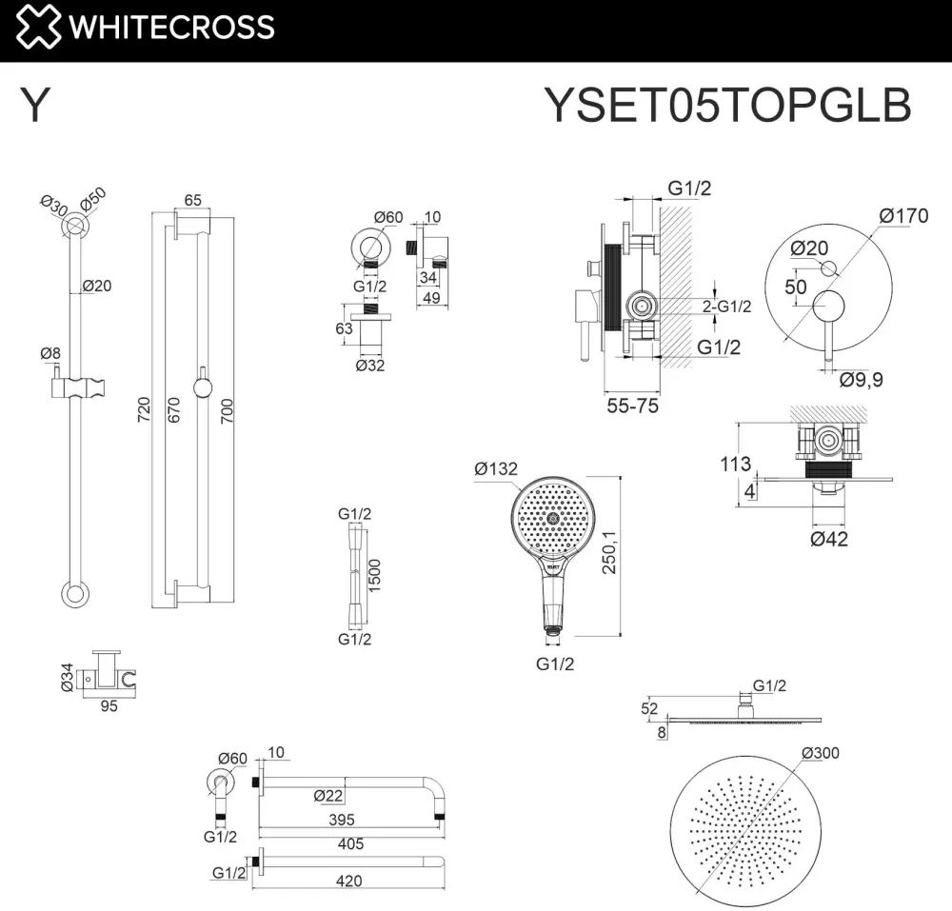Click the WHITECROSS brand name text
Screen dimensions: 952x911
(171, 28)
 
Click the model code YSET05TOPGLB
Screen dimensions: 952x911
(727, 105)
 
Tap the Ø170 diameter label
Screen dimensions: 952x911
(903, 215)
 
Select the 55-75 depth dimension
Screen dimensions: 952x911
(633, 406)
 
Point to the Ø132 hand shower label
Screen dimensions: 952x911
(496, 468)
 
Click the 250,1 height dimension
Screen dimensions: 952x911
(609, 552)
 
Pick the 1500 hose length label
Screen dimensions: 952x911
(374, 576)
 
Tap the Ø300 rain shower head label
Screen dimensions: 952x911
(821, 753)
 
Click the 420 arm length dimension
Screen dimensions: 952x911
(348, 881)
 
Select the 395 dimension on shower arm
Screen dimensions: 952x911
(342, 820)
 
